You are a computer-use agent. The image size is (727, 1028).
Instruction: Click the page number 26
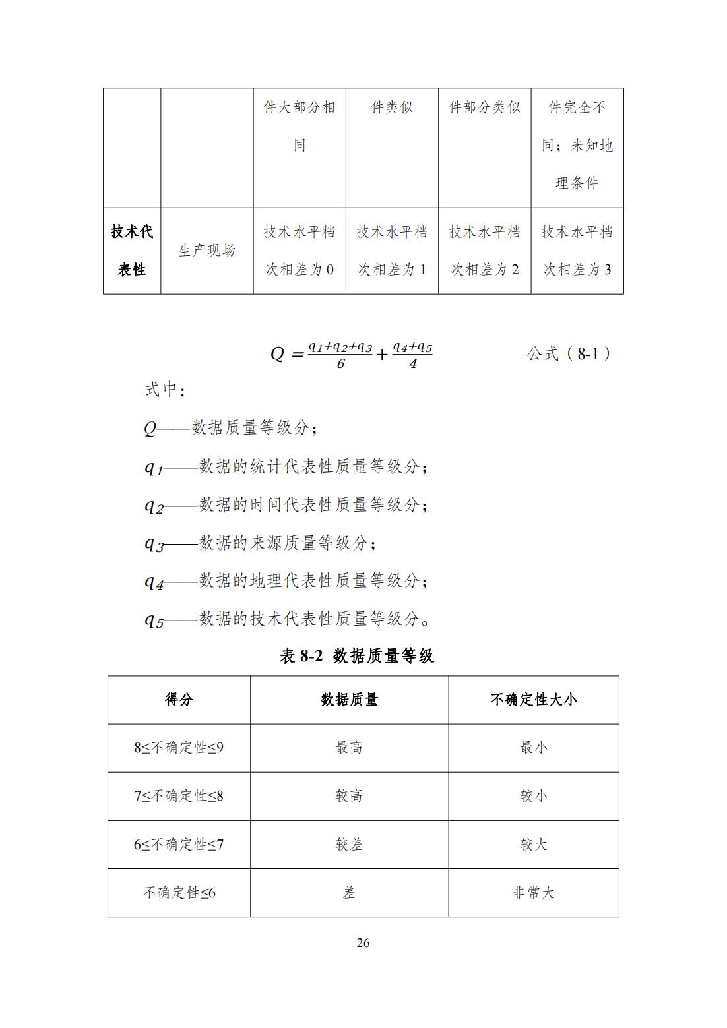pyautogui.click(x=363, y=942)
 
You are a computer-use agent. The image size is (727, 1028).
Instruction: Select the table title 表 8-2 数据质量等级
pyautogui.click(x=356, y=655)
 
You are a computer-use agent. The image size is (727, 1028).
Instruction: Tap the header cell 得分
pyautogui.click(x=179, y=700)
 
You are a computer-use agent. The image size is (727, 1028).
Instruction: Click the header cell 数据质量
pyautogui.click(x=349, y=700)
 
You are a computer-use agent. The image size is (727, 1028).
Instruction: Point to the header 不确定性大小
pyautogui.click(x=533, y=700)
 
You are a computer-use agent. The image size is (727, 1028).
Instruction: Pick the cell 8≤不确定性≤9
pyautogui.click(x=179, y=748)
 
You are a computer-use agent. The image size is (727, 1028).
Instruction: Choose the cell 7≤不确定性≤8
pyautogui.click(x=179, y=796)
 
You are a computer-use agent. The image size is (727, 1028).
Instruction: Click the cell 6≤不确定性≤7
pyautogui.click(x=179, y=844)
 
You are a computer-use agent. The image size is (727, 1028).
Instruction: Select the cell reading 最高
pyautogui.click(x=349, y=748)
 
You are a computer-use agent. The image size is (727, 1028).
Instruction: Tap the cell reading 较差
pyautogui.click(x=349, y=844)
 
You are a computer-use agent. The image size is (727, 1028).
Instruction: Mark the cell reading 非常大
pyautogui.click(x=533, y=892)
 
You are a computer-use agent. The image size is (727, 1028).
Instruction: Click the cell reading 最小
pyautogui.click(x=533, y=748)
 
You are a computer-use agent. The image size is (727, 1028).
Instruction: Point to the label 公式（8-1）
pyautogui.click(x=569, y=354)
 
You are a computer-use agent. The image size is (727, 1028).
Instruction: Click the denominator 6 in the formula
pyautogui.click(x=340, y=364)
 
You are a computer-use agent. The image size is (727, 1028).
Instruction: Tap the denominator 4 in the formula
pyautogui.click(x=413, y=364)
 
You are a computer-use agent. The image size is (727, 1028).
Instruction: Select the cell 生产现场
pyautogui.click(x=207, y=251)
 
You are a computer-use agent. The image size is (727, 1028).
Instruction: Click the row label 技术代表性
pyautogui.click(x=132, y=251)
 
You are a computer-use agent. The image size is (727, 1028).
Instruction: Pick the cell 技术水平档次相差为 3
pyautogui.click(x=577, y=251)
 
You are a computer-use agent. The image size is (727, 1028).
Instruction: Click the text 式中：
pyautogui.click(x=165, y=390)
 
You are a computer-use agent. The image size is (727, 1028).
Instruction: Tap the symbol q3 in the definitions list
pyautogui.click(x=154, y=544)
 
